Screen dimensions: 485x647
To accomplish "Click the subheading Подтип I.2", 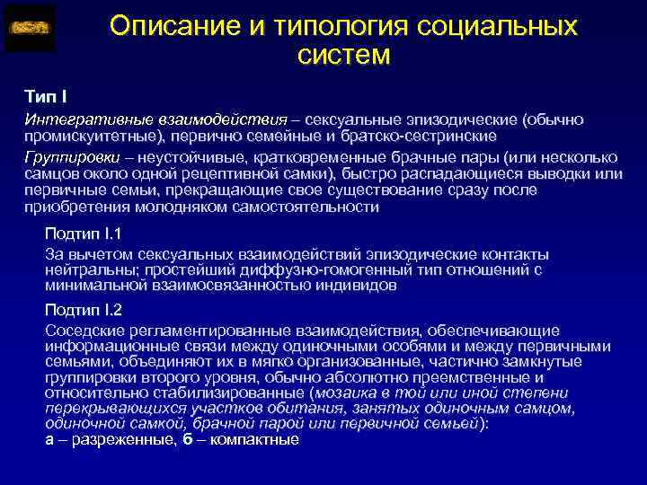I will click(84, 310).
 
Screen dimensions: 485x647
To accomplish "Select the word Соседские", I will click(81, 331).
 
